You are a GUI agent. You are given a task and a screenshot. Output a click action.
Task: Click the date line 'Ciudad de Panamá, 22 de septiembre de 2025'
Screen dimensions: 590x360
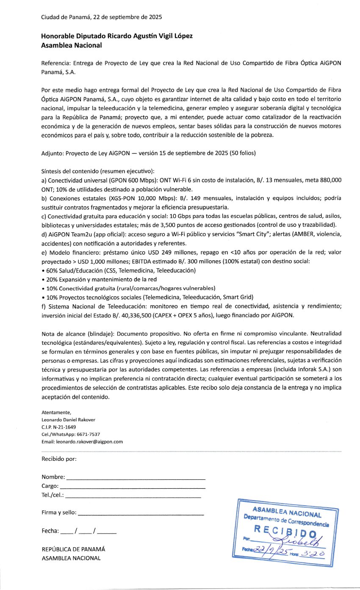click(95, 17)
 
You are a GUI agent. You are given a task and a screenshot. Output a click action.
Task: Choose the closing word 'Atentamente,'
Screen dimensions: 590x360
click(56, 412)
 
